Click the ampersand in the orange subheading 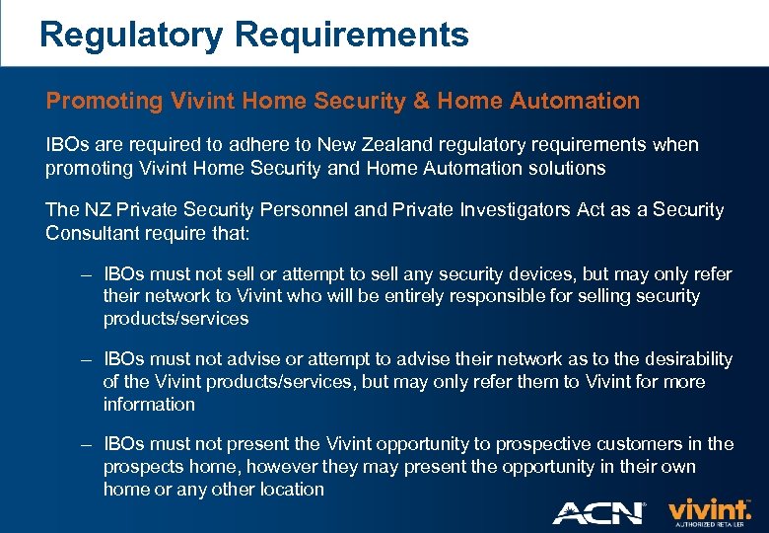tap(423, 101)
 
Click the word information tap(149, 404)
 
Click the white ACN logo tap(597, 512)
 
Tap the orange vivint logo tap(708, 509)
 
